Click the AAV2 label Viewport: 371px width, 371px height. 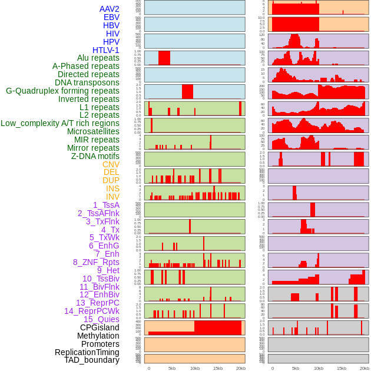(109, 9)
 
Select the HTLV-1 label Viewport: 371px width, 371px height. (106, 50)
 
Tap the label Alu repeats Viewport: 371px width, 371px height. (98, 58)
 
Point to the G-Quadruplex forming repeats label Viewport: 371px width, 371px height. (62, 91)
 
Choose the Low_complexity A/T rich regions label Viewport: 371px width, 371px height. (60, 123)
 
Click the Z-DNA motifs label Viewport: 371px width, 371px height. (95, 156)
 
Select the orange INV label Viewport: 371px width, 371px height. (112, 197)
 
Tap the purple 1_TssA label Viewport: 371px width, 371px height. (106, 205)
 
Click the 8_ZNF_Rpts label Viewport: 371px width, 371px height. (96, 262)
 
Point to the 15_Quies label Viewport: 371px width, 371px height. (101, 319)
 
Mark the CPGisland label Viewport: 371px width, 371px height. (100, 327)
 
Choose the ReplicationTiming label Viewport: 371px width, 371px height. (87, 352)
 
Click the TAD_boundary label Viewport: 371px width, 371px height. (92, 360)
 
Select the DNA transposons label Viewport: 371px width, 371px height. (87, 82)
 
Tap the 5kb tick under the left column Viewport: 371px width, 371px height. (172, 368)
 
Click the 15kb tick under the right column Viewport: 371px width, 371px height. (342, 368)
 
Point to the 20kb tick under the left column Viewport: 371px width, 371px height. (240, 368)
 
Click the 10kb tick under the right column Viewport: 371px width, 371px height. (319, 368)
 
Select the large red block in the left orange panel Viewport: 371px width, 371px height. (218, 327)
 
